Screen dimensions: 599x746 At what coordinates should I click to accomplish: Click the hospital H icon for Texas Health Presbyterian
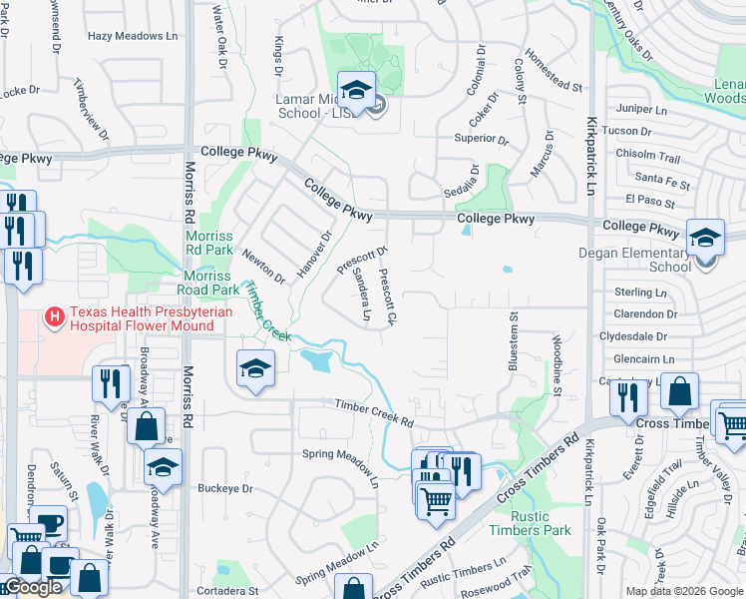pyautogui.click(x=56, y=318)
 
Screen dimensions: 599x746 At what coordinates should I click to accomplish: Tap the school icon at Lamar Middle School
pyautogui.click(x=356, y=91)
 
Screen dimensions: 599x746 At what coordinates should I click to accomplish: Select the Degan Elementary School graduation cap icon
pyautogui.click(x=705, y=239)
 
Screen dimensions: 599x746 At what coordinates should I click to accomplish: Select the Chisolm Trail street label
pyautogui.click(x=647, y=158)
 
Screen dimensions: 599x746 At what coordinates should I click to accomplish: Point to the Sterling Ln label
pyautogui.click(x=640, y=293)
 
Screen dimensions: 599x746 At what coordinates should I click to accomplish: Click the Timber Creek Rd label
pyautogui.click(x=374, y=410)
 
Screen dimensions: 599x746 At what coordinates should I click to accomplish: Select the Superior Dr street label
pyautogui.click(x=483, y=138)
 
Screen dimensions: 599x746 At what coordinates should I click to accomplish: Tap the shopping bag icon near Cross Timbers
pyautogui.click(x=679, y=392)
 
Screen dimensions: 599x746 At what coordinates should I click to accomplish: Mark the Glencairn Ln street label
pyautogui.click(x=643, y=359)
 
